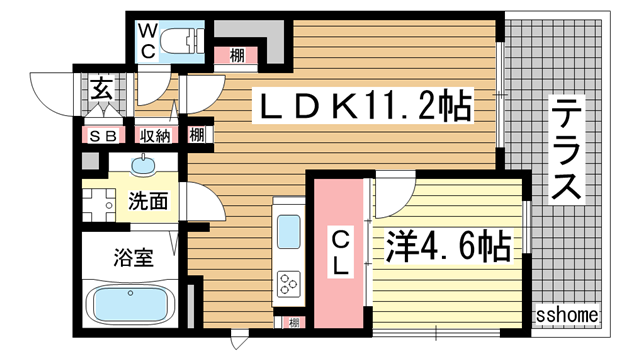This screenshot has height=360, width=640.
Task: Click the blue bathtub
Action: [x=130, y=302]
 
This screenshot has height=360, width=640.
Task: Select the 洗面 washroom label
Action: [x=147, y=200]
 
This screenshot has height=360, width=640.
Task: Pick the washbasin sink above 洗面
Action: [x=148, y=165]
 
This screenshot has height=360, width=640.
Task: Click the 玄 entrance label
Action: [x=103, y=87]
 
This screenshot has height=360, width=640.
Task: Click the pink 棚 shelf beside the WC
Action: [x=237, y=55]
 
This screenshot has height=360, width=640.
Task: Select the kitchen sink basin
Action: [x=289, y=232]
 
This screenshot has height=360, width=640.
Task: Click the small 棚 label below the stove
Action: [x=291, y=322]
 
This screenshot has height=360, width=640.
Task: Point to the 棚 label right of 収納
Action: [x=197, y=134]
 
